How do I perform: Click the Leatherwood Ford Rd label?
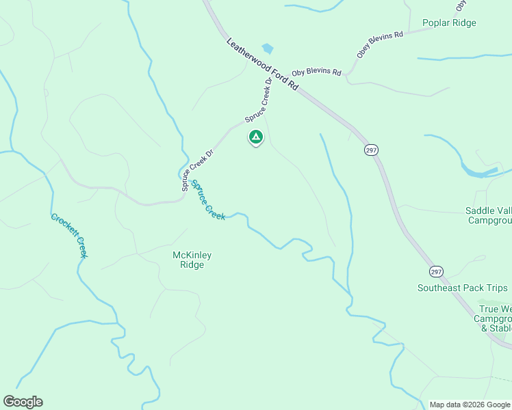click(x=264, y=64)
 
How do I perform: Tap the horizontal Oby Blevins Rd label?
click(x=316, y=72)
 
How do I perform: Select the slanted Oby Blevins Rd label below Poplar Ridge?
click(x=380, y=43)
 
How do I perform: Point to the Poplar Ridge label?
click(x=449, y=23)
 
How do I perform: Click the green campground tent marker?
click(x=255, y=137)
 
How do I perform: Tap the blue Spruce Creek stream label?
click(x=208, y=200)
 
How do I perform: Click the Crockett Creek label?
click(x=69, y=236)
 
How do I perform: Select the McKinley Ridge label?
click(x=192, y=260)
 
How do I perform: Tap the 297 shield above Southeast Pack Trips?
click(x=437, y=271)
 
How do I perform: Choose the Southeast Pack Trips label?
click(x=463, y=288)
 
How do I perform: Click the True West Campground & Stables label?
click(x=493, y=318)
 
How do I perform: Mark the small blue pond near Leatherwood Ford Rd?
click(x=268, y=49)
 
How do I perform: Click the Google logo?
click(x=23, y=402)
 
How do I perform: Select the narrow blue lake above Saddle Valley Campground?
click(x=479, y=171)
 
